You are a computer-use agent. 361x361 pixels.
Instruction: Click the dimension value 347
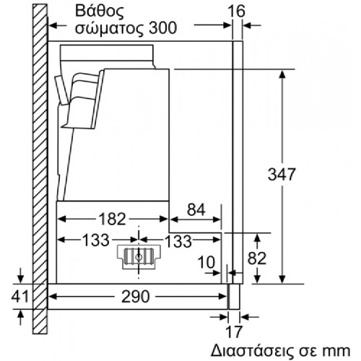282,174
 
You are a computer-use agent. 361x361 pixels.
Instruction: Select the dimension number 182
113,219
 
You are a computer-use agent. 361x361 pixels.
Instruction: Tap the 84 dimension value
196,209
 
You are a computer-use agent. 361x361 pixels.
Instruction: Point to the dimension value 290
136,296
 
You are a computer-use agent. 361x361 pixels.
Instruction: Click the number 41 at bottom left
19,296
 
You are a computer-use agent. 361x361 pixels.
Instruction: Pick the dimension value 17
234,332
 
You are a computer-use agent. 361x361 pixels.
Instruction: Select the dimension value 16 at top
237,11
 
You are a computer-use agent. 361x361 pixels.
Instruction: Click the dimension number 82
257,258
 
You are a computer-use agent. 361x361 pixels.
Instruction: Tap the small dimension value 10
206,262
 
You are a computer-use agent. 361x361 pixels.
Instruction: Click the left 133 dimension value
96,240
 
